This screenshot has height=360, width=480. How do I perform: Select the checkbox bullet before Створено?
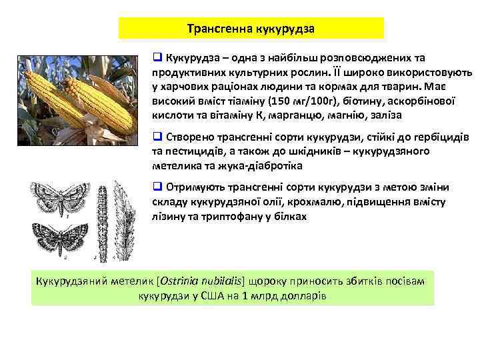click(x=158, y=137)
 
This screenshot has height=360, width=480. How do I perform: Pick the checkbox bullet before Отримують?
click(x=158, y=186)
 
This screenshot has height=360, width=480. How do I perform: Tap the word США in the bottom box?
click(x=213, y=295)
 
